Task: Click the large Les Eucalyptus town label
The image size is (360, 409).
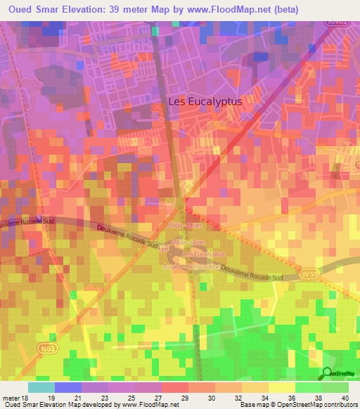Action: click(205, 101)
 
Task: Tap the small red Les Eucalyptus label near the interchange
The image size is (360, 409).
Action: click(204, 254)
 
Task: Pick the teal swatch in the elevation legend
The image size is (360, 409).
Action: click(41, 387)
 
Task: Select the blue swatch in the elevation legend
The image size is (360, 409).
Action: click(68, 387)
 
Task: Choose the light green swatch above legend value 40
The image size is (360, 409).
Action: click(335, 387)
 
